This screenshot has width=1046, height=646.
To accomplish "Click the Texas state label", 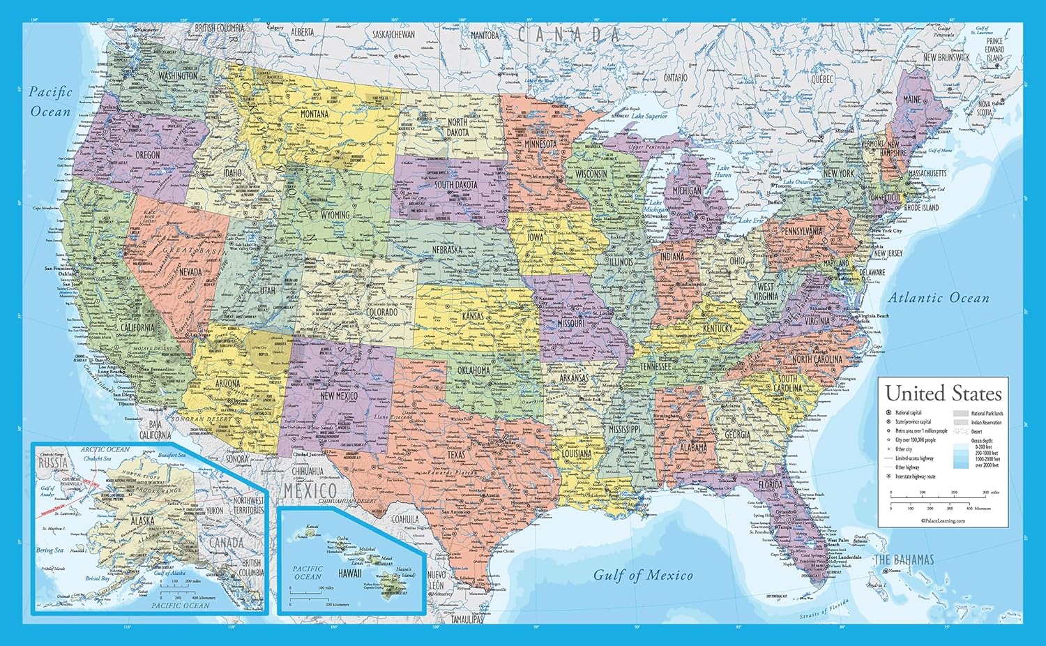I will click(455, 455).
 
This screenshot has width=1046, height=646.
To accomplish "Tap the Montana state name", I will click(314, 114).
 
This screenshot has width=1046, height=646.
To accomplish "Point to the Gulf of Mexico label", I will click(643, 575).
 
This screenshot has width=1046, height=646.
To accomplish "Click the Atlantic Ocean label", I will click(938, 298).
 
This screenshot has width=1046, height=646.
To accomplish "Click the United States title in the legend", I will click(943, 393).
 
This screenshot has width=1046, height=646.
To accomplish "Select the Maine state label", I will click(911, 100).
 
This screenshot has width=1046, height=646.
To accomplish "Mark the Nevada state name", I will click(190, 271).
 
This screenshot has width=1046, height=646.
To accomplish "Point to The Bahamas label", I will click(904, 559).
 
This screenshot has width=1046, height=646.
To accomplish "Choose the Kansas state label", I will click(473, 317).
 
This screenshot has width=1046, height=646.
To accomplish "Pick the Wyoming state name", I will click(331, 215).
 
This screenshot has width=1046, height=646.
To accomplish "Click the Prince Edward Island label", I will click(994, 50).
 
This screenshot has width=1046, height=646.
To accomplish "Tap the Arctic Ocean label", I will click(105, 450).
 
